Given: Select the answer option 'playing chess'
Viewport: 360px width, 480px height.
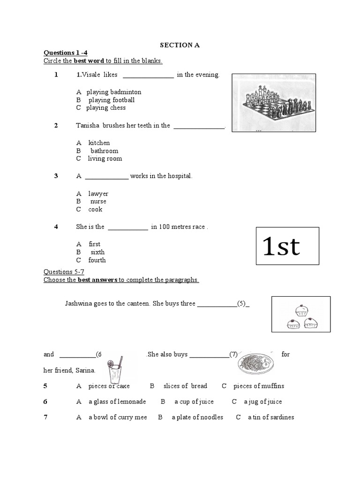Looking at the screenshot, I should (105, 108).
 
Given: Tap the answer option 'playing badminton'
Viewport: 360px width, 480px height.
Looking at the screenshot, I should (113, 92).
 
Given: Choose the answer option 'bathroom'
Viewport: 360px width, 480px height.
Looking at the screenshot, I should (104, 151).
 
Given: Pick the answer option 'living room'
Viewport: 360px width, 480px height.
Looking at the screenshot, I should (105, 159).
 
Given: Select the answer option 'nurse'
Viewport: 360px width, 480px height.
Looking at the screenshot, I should (98, 202).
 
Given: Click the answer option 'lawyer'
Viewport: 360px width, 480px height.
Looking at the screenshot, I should (98, 194).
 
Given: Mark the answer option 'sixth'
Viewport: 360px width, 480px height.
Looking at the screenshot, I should (97, 252).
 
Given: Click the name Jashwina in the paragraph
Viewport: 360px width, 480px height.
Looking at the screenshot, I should (80, 303).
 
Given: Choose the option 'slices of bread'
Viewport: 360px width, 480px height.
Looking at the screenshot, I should (185, 386).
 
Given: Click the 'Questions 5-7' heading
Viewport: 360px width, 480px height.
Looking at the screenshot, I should (64, 272).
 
